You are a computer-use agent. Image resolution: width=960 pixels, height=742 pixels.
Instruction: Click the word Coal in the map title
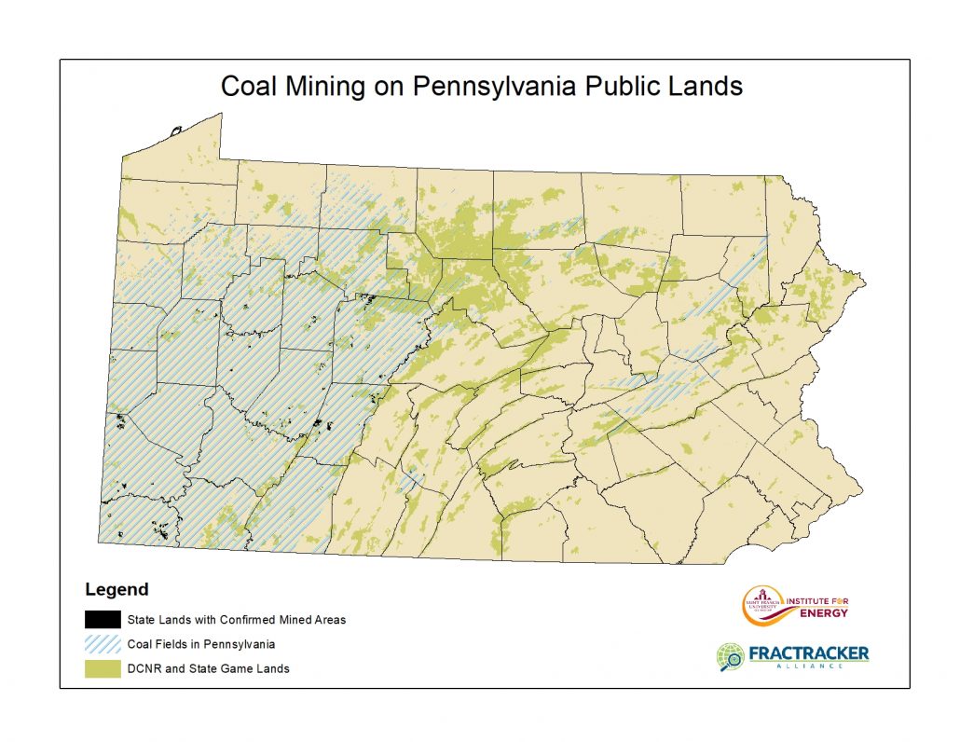(x=249, y=87)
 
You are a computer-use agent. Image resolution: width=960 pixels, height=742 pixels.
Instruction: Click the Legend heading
(x=117, y=589)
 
